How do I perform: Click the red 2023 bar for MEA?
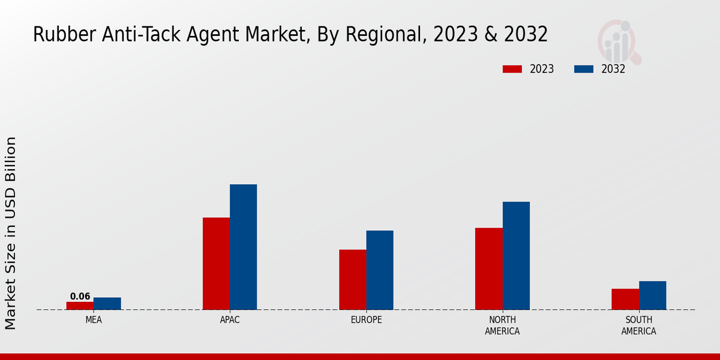coord(80,305)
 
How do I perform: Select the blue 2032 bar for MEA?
coord(107,304)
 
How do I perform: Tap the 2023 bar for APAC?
coord(216,263)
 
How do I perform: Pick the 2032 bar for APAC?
coord(243,247)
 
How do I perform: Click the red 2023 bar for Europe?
coord(352,280)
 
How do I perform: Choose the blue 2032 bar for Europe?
coord(380,270)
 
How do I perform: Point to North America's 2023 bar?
coord(488,269)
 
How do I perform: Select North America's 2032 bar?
coord(516,256)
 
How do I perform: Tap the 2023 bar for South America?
coord(625,299)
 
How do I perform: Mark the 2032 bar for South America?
coord(652,295)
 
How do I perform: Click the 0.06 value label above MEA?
coord(80,296)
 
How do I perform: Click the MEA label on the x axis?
coord(94,320)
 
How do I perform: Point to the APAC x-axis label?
coord(230,320)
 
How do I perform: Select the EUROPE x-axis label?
coord(366,320)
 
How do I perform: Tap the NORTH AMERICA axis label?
coord(502,325)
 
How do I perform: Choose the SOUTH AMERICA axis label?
coord(638,325)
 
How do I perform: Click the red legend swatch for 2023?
coord(512,69)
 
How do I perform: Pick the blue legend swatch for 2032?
coord(583,69)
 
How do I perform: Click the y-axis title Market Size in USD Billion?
coord(11,233)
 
